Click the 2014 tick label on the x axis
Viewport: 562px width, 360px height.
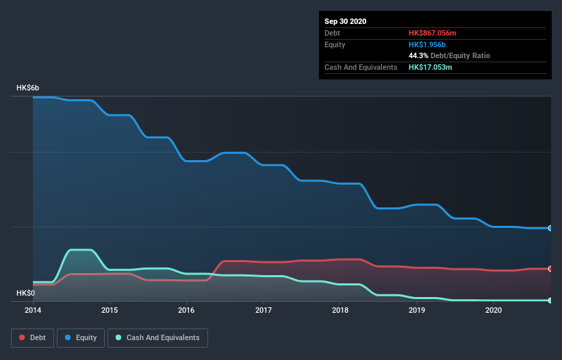[33, 310]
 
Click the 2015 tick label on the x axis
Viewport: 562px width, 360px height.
[110, 310]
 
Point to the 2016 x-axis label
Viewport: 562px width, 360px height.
[186, 310]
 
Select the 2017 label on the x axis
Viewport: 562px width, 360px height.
[264, 310]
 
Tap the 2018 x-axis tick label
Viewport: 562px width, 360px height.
[340, 310]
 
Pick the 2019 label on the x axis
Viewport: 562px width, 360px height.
[417, 310]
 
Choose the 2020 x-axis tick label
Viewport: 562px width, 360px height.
[494, 310]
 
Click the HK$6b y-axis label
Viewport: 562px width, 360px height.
[28, 88]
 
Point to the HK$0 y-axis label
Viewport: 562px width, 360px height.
[26, 294]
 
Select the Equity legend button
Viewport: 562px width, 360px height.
[81, 337]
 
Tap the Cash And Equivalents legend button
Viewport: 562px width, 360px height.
[157, 337]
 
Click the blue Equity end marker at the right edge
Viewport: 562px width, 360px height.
[550, 228]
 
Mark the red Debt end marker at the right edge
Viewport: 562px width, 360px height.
[550, 268]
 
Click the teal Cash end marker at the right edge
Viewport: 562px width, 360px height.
[550, 300]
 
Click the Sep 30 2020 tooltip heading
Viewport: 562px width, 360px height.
[346, 21]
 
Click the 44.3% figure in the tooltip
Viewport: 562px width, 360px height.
[419, 55]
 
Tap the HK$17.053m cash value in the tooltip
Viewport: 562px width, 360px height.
[431, 67]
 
